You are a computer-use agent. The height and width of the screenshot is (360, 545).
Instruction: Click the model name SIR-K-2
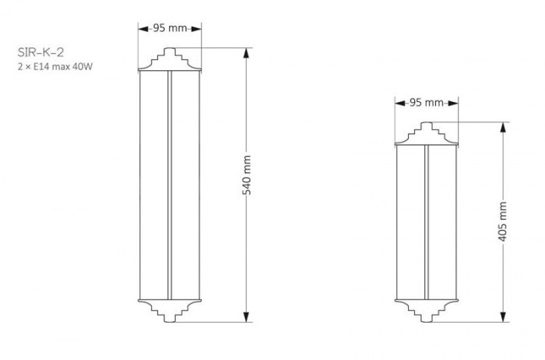tap(40, 52)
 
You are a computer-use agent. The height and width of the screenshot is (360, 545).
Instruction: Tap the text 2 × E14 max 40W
tap(55, 66)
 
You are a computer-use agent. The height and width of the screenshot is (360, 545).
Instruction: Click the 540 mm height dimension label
tap(247, 175)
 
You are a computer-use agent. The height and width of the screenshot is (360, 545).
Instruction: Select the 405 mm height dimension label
tap(503, 221)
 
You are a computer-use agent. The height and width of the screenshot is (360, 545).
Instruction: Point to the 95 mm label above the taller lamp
tap(170, 28)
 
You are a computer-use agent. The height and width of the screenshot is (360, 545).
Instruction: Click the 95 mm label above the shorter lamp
tap(427, 103)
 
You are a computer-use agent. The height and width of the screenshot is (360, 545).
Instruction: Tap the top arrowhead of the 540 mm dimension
tap(247, 53)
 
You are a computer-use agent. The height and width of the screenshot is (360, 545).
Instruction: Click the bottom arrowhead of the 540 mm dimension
tap(247, 317)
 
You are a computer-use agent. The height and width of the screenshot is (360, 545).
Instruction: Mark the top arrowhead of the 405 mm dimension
tap(503, 127)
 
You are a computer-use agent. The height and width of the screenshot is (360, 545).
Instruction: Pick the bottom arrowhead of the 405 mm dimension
tap(503, 317)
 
